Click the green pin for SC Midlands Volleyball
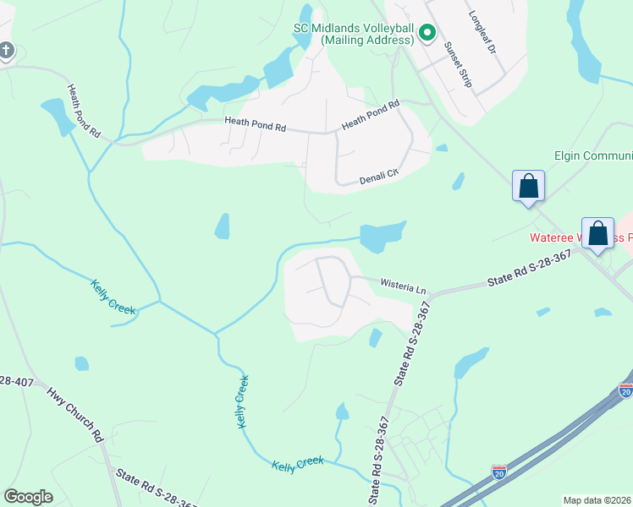(x=427, y=33)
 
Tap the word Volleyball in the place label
(x=385, y=29)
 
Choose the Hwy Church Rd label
(x=74, y=414)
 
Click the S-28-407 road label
(x=17, y=382)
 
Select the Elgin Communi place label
(x=592, y=156)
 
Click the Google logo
(x=28, y=496)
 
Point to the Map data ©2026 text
(x=597, y=500)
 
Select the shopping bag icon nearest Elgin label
(x=528, y=185)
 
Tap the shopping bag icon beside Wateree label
(x=597, y=232)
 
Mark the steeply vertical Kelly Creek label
(x=242, y=401)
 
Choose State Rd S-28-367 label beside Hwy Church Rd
(x=157, y=489)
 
